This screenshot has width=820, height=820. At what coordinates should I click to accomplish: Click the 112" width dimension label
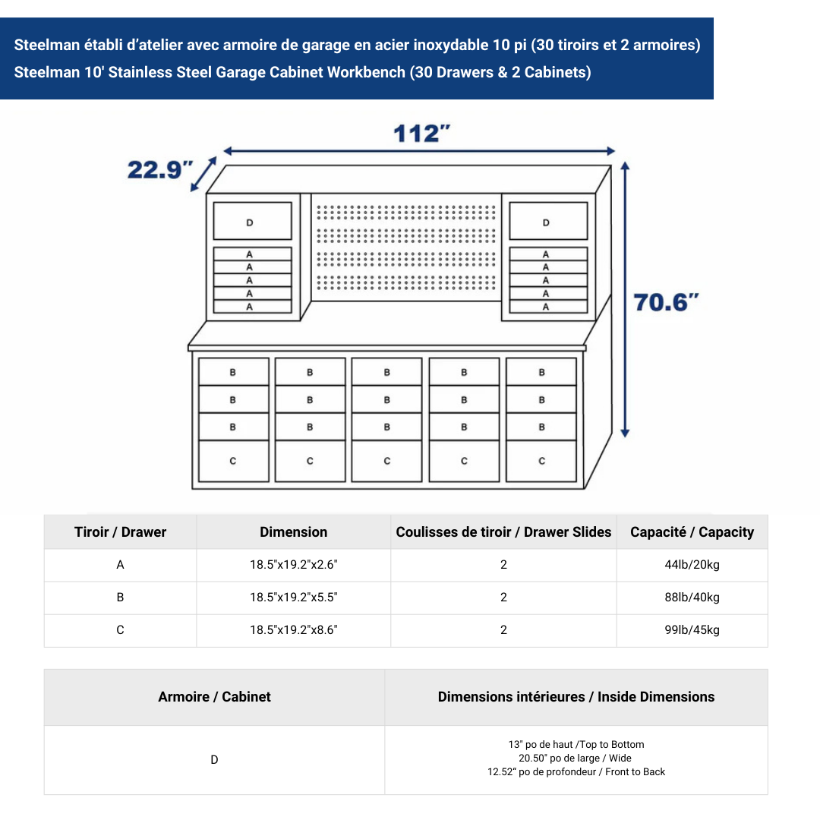point(421,134)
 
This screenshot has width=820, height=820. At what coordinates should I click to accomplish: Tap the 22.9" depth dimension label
point(160,169)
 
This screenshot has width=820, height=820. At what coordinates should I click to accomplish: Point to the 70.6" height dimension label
point(666,302)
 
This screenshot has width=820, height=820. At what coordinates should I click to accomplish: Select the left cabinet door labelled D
point(252,222)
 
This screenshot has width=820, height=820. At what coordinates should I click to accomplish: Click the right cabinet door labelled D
point(547,222)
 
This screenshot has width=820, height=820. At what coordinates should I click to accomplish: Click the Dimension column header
point(294,532)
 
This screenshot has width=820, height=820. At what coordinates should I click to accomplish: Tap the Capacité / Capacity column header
point(692,532)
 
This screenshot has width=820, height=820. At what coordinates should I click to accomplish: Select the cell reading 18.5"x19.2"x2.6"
point(294,565)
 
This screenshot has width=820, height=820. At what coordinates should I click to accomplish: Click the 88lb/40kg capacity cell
point(692,598)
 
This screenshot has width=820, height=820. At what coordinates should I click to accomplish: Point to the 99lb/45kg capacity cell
point(692,630)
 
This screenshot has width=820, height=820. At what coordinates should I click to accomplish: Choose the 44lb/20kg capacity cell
point(692,565)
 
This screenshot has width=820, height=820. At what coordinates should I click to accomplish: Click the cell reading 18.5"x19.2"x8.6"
point(294,630)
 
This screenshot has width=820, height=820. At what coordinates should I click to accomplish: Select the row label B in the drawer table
point(120,598)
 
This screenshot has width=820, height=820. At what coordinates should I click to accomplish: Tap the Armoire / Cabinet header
point(214,697)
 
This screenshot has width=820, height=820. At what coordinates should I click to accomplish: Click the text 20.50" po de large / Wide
point(576,758)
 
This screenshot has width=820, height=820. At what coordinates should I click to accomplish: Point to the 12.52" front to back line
point(576,772)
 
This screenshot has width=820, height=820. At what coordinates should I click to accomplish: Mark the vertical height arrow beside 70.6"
point(625,300)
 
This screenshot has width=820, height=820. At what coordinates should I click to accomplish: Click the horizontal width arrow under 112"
point(418,151)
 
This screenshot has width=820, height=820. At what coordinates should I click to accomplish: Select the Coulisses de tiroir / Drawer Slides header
point(503,532)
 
